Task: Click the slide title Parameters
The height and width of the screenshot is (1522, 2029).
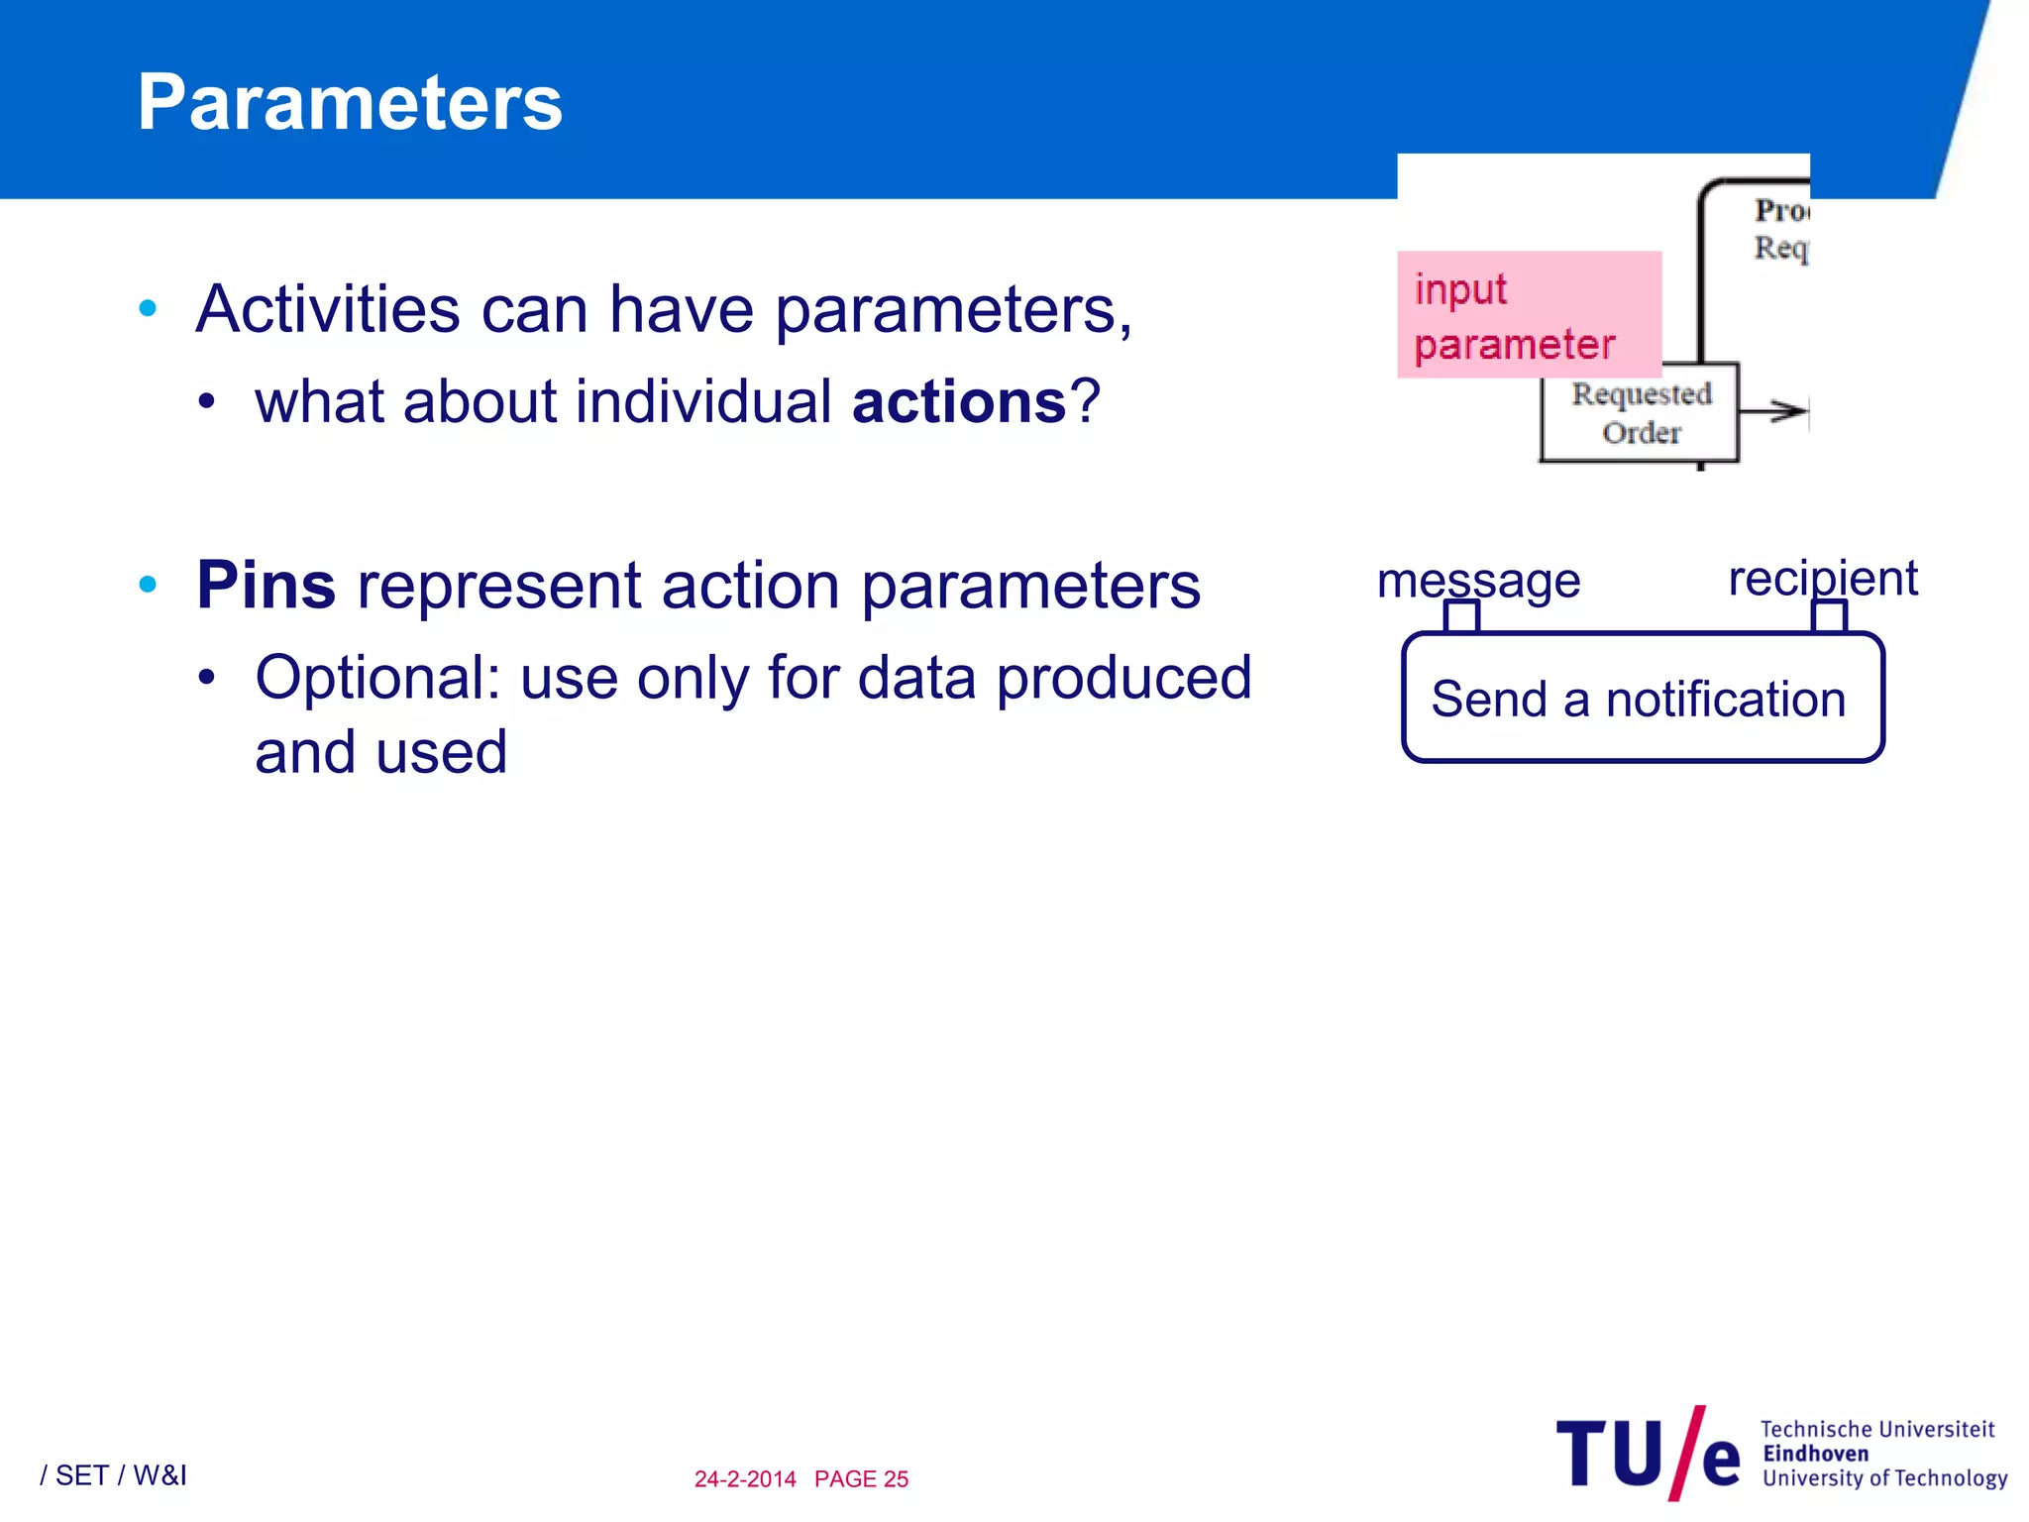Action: point(350,103)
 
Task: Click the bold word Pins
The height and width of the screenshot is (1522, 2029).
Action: point(266,585)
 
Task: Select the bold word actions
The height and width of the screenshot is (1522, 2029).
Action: point(959,402)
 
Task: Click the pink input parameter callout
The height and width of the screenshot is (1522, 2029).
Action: point(1528,315)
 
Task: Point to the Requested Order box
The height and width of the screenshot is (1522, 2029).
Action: point(1640,413)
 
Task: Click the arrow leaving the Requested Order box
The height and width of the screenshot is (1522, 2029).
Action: point(1775,410)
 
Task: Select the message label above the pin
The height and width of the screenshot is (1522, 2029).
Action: point(1478,579)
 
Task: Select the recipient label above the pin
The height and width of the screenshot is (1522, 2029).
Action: point(1822,578)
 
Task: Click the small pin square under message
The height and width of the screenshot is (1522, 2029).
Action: point(1461,617)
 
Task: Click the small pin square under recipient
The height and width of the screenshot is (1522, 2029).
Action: point(1829,617)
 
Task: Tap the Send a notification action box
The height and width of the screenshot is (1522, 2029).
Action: point(1642,699)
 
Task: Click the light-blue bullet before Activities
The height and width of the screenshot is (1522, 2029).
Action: point(149,308)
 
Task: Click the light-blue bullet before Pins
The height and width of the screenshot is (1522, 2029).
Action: point(149,585)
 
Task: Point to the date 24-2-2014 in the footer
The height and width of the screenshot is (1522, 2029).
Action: point(745,1479)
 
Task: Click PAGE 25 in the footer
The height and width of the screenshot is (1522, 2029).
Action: point(861,1479)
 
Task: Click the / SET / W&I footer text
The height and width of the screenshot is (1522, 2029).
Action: point(113,1475)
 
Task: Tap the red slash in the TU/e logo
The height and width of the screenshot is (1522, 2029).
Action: point(1687,1454)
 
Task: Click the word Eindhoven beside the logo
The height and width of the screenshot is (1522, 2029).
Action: point(1815,1454)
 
